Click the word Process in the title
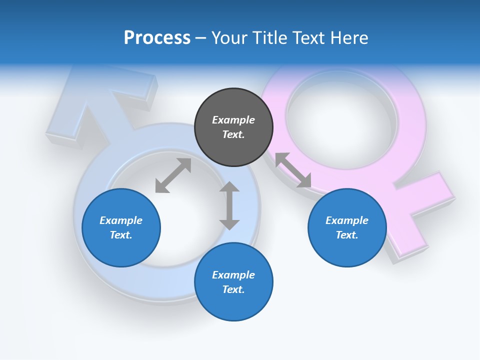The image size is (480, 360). pos(157,38)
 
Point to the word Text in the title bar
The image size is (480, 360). pos(310,38)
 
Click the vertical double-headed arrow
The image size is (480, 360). pos(229,205)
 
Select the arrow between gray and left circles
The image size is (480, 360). pos(173,175)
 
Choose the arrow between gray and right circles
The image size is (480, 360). pos(293,170)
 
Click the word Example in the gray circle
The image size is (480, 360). pos(233,120)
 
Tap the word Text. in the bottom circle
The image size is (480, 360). pos(233,289)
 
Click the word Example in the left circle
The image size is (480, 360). pos(121,220)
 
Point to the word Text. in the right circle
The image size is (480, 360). pos(347,235)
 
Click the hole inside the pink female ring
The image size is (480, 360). pos(342,117)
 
